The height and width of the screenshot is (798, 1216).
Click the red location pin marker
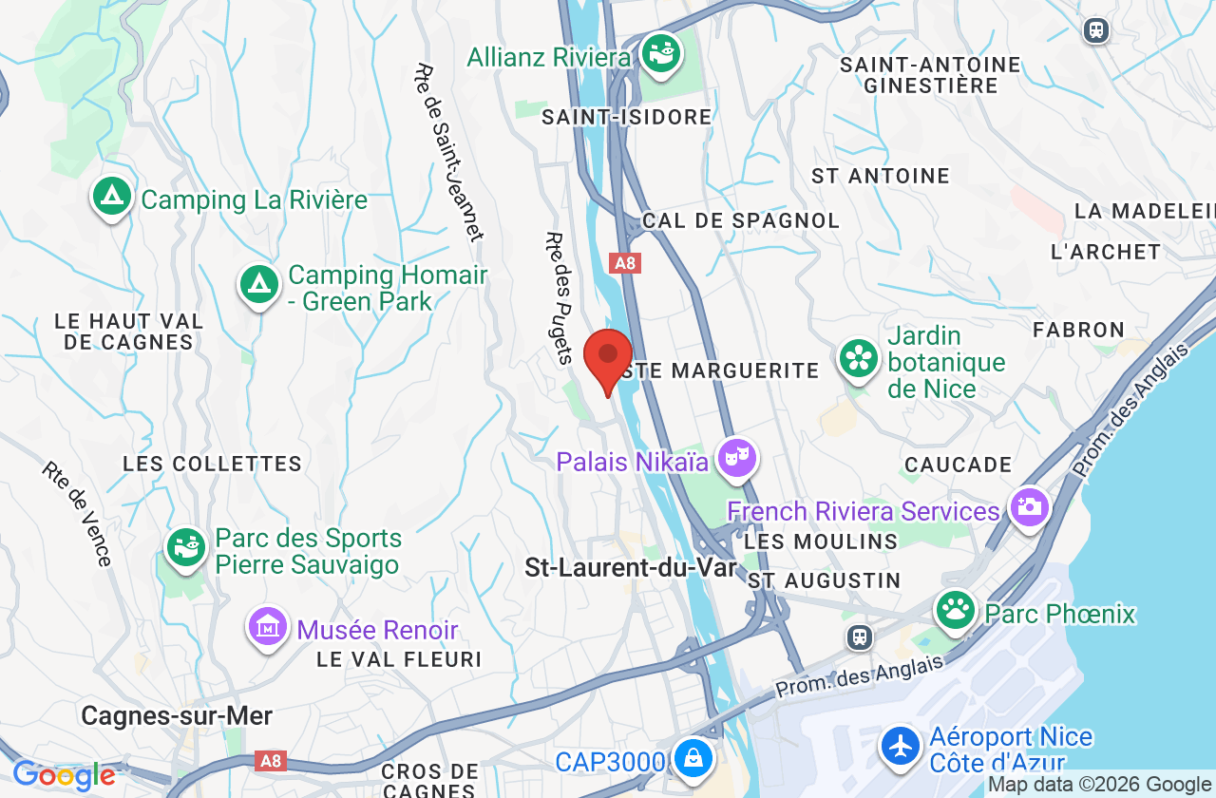608,356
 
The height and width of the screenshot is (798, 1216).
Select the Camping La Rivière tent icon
112,197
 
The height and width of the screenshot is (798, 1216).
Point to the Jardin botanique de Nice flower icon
859,358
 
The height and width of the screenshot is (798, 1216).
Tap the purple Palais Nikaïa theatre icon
736,459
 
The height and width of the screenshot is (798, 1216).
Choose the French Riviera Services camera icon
1029,506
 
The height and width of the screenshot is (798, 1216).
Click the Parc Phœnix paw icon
956,610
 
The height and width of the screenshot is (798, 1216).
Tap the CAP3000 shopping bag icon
694,758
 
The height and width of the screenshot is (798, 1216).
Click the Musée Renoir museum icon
268,628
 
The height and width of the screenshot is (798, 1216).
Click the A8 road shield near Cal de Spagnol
624,263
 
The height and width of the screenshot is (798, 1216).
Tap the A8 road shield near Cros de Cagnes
271,761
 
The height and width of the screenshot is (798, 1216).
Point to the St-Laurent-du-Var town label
631,568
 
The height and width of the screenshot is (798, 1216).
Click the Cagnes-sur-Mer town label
177,715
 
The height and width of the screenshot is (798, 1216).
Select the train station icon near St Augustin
860,636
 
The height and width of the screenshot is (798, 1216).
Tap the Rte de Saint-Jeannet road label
448,152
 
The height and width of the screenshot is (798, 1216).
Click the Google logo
64,776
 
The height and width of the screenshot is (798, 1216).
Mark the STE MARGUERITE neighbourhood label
718,370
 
